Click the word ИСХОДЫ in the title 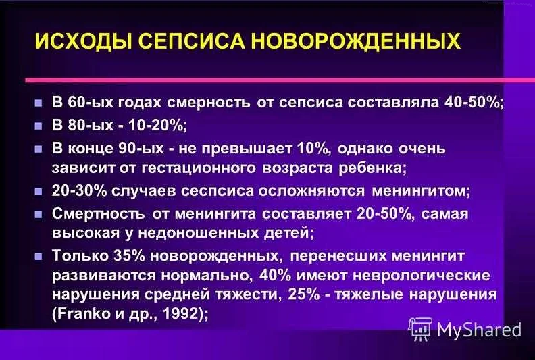82,41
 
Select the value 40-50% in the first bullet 474,103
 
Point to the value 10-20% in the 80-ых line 157,126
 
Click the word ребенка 373,168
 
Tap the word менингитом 421,191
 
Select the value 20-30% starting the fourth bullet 80,190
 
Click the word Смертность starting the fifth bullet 98,214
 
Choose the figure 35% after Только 129,256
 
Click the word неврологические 422,276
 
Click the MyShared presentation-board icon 420,329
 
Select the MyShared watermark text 479,330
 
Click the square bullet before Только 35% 39,256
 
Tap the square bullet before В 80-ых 39,126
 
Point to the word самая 444,214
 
